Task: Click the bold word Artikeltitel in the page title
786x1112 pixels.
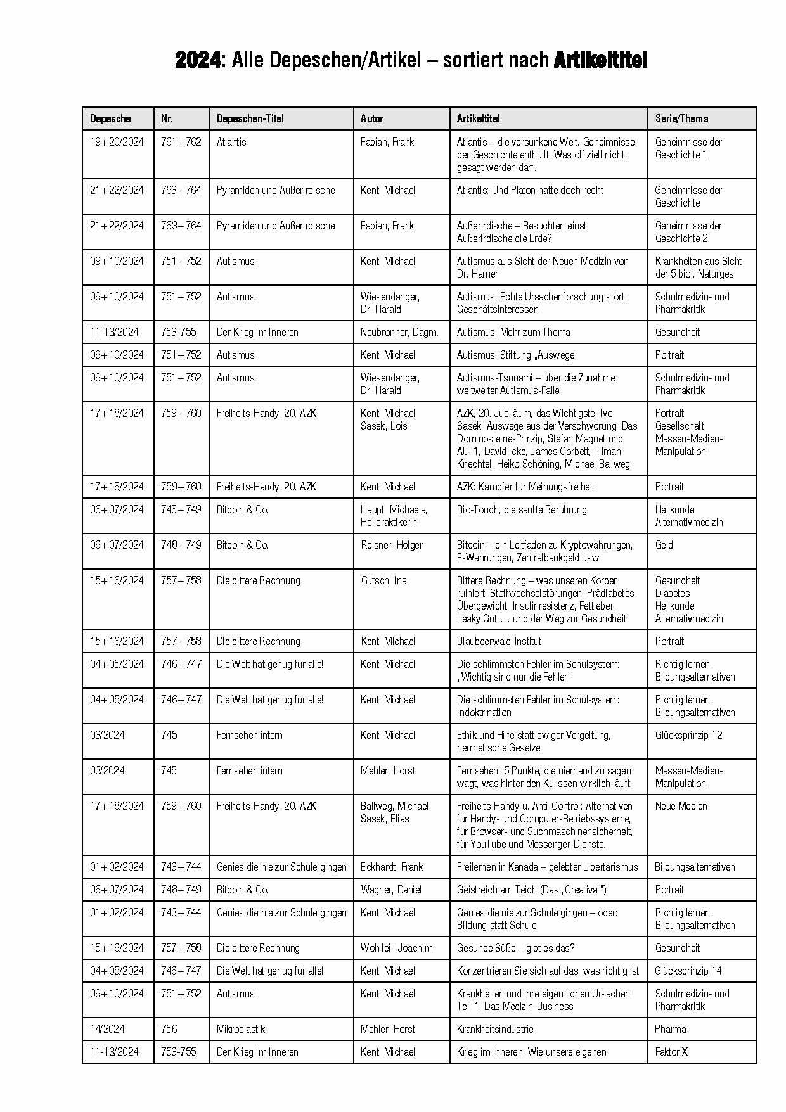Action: pos(600,60)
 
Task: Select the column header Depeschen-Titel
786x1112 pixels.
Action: pos(250,118)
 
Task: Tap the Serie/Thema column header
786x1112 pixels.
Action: pos(681,118)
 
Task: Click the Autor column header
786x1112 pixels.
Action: pos(371,118)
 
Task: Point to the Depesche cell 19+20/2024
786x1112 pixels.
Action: pos(117,142)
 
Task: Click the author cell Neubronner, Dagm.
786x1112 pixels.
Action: pos(399,332)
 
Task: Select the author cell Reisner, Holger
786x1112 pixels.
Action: pos(392,545)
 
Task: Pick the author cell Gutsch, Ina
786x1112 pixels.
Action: pos(384,580)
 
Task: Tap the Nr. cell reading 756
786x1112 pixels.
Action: pos(169,1029)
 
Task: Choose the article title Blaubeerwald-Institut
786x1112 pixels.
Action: pos(499,641)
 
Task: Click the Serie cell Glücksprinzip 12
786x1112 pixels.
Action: pos(688,735)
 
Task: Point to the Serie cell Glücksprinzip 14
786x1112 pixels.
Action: pos(688,971)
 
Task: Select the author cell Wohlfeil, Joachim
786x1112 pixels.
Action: pos(397,948)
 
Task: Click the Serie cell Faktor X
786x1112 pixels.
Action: pos(671,1052)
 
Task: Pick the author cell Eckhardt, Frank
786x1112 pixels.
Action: pos(392,867)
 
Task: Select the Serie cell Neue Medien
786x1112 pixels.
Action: pos(681,806)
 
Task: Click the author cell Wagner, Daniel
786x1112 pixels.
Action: pos(391,890)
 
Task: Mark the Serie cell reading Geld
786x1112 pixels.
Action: pos(664,545)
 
